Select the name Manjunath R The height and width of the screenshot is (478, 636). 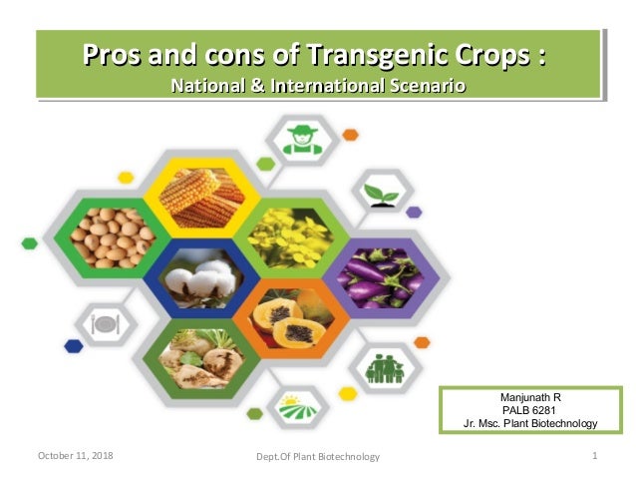529,397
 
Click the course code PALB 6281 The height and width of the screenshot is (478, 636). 529,410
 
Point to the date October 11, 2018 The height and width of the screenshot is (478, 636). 75,456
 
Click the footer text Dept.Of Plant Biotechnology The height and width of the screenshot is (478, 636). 318,457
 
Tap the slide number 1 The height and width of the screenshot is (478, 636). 594,456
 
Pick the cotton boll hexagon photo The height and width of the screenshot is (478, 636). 200,279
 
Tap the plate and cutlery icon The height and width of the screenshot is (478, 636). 106,322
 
